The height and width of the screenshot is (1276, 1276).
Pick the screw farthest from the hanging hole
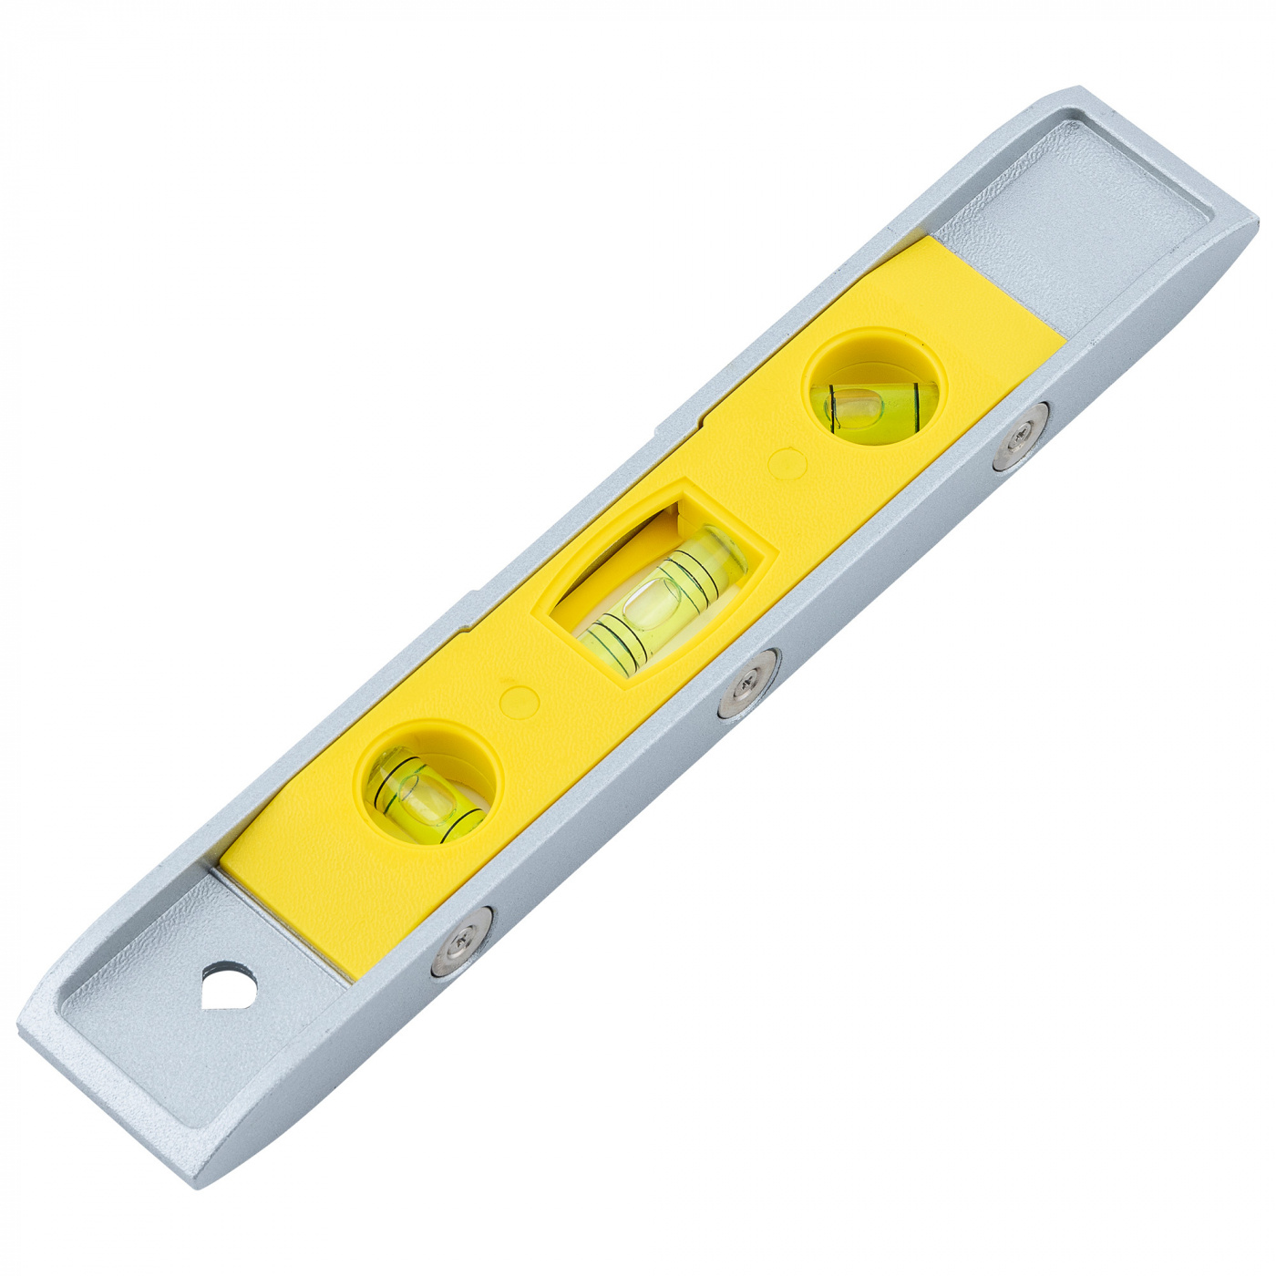pos(1021,436)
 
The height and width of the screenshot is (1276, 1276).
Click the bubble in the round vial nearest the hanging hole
pos(421,796)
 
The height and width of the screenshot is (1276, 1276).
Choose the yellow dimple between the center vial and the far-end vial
pos(787,463)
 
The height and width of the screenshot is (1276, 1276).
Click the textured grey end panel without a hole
pos(1075,219)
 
